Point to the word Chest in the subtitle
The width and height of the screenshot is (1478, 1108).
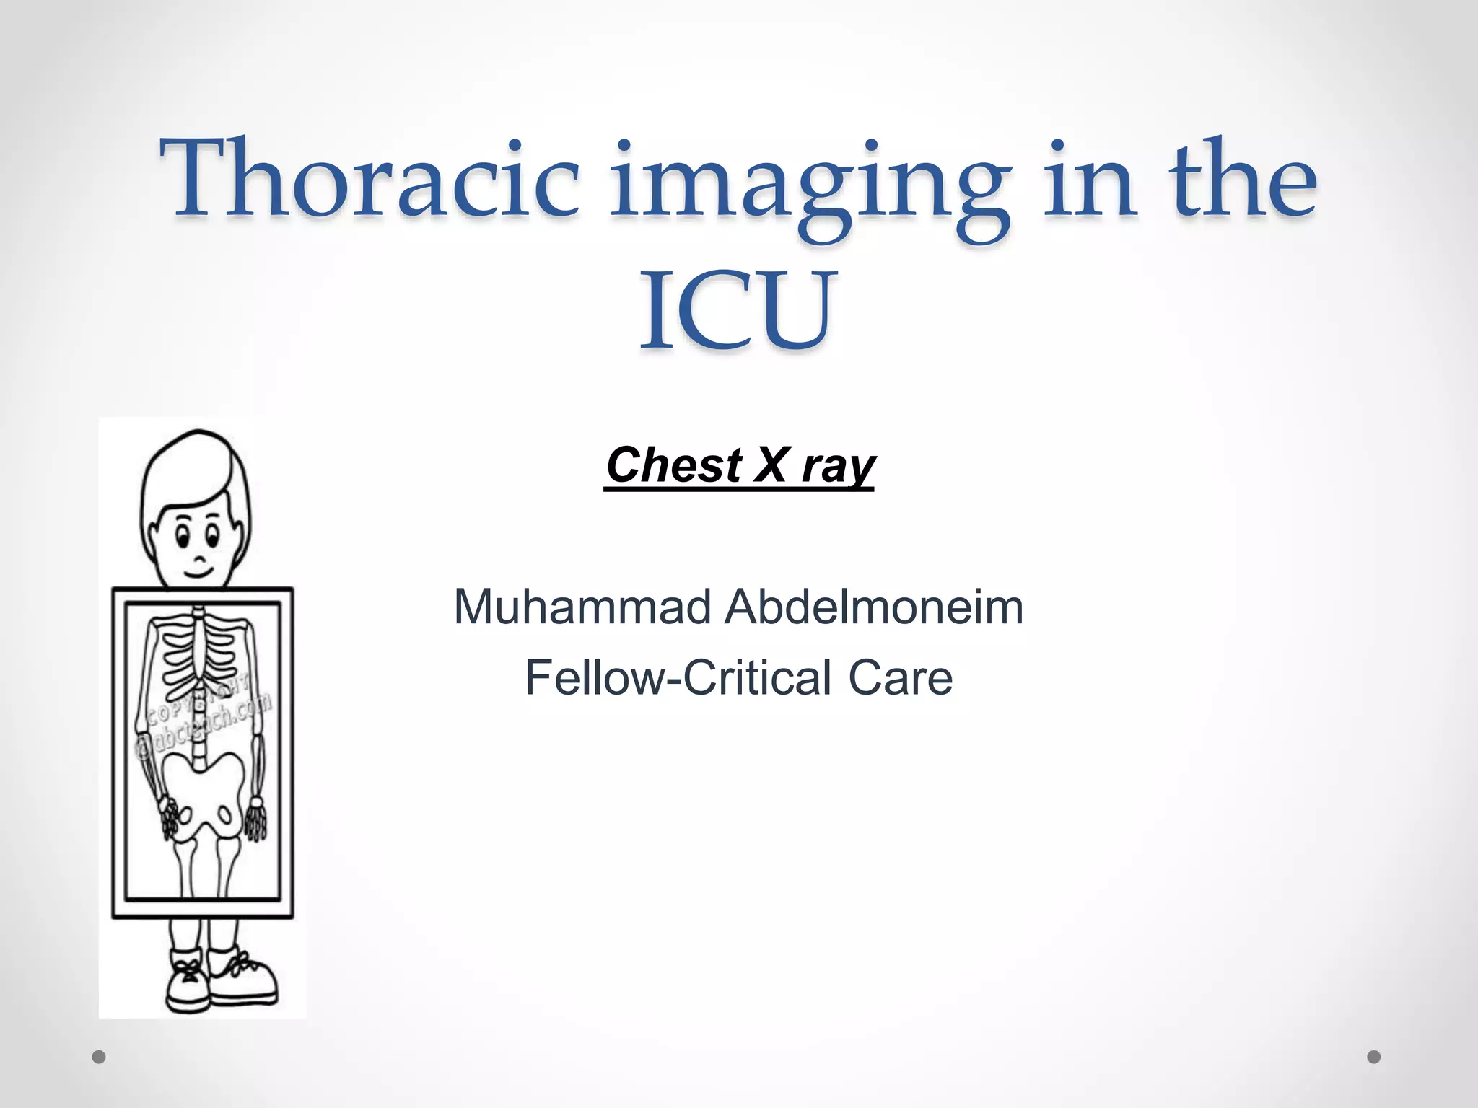click(674, 465)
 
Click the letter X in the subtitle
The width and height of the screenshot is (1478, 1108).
click(771, 465)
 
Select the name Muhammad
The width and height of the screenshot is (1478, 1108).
click(582, 607)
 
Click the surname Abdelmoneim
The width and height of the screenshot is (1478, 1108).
click(874, 607)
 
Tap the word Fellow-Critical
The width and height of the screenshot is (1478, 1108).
click(678, 678)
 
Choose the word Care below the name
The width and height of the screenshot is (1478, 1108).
click(900, 678)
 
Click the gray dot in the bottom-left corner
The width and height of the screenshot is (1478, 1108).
click(99, 1057)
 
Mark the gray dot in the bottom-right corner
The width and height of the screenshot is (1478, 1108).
click(1374, 1057)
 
